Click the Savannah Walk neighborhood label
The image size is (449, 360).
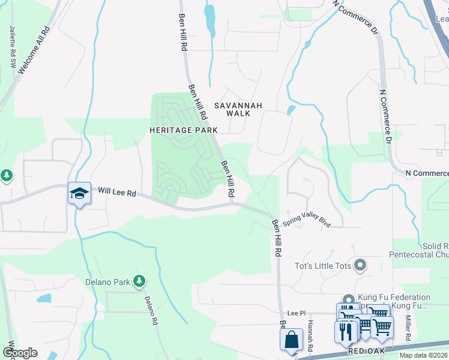[244, 109]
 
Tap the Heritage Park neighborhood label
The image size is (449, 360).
[183, 130]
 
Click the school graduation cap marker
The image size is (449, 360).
[79, 193]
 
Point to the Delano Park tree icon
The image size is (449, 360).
[139, 280]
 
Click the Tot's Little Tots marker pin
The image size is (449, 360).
[360, 264]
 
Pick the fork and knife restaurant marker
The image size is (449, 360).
[346, 331]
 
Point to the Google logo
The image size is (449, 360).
[20, 353]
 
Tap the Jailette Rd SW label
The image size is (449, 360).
[12, 47]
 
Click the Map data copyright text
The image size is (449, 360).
[423, 355]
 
